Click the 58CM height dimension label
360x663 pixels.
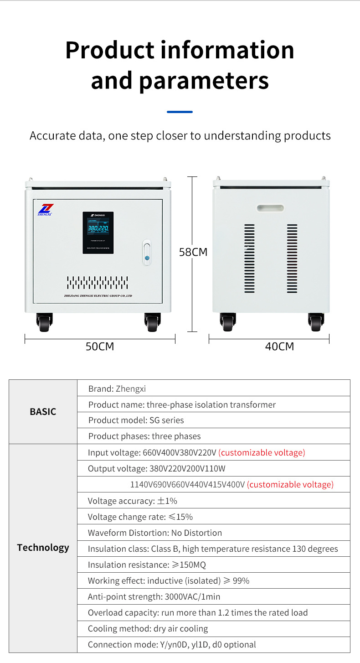[x=193, y=252]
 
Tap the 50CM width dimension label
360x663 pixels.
[x=100, y=347]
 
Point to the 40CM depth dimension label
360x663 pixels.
[x=279, y=347]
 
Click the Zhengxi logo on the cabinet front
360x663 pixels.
[x=46, y=209]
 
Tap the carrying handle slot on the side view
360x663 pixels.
[x=270, y=208]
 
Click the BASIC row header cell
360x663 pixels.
[x=43, y=411]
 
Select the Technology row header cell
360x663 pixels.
[x=43, y=548]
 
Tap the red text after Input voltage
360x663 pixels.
[x=262, y=453]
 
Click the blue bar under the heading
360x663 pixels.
[x=180, y=112]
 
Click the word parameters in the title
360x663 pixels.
[x=204, y=80]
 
